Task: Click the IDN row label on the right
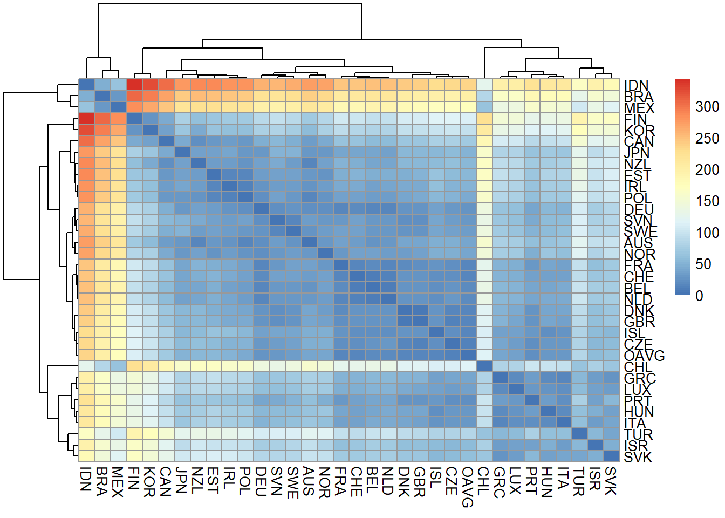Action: [636, 85]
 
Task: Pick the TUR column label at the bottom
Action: [579, 481]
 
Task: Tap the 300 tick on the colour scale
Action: [707, 107]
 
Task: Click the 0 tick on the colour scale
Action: [699, 296]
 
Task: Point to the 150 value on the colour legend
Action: [707, 201]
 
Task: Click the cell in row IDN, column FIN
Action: [134, 84]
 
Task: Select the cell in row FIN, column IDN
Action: [87, 118]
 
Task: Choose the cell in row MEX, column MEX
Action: [119, 107]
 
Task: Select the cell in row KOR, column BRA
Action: [102, 129]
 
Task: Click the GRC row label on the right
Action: [640, 378]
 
